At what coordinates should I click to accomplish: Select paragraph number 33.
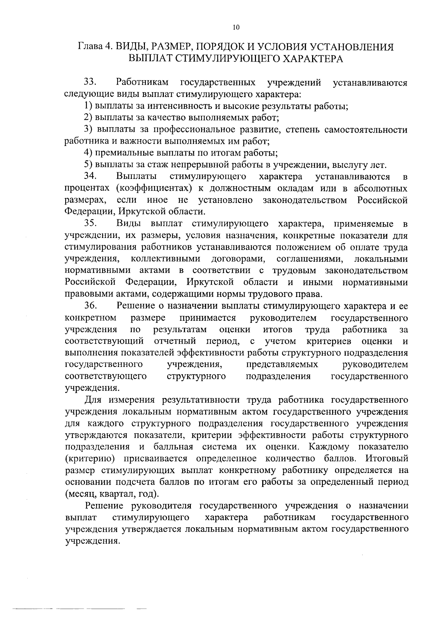pyautogui.click(x=90, y=83)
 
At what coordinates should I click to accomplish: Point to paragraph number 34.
pyautogui.click(x=90, y=177)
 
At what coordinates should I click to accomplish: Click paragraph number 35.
pyautogui.click(x=90, y=224)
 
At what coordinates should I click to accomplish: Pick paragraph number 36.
pyautogui.click(x=90, y=306)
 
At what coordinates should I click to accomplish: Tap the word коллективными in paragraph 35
pyautogui.click(x=165, y=259)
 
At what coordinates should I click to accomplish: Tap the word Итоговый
pyautogui.click(x=387, y=459)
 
